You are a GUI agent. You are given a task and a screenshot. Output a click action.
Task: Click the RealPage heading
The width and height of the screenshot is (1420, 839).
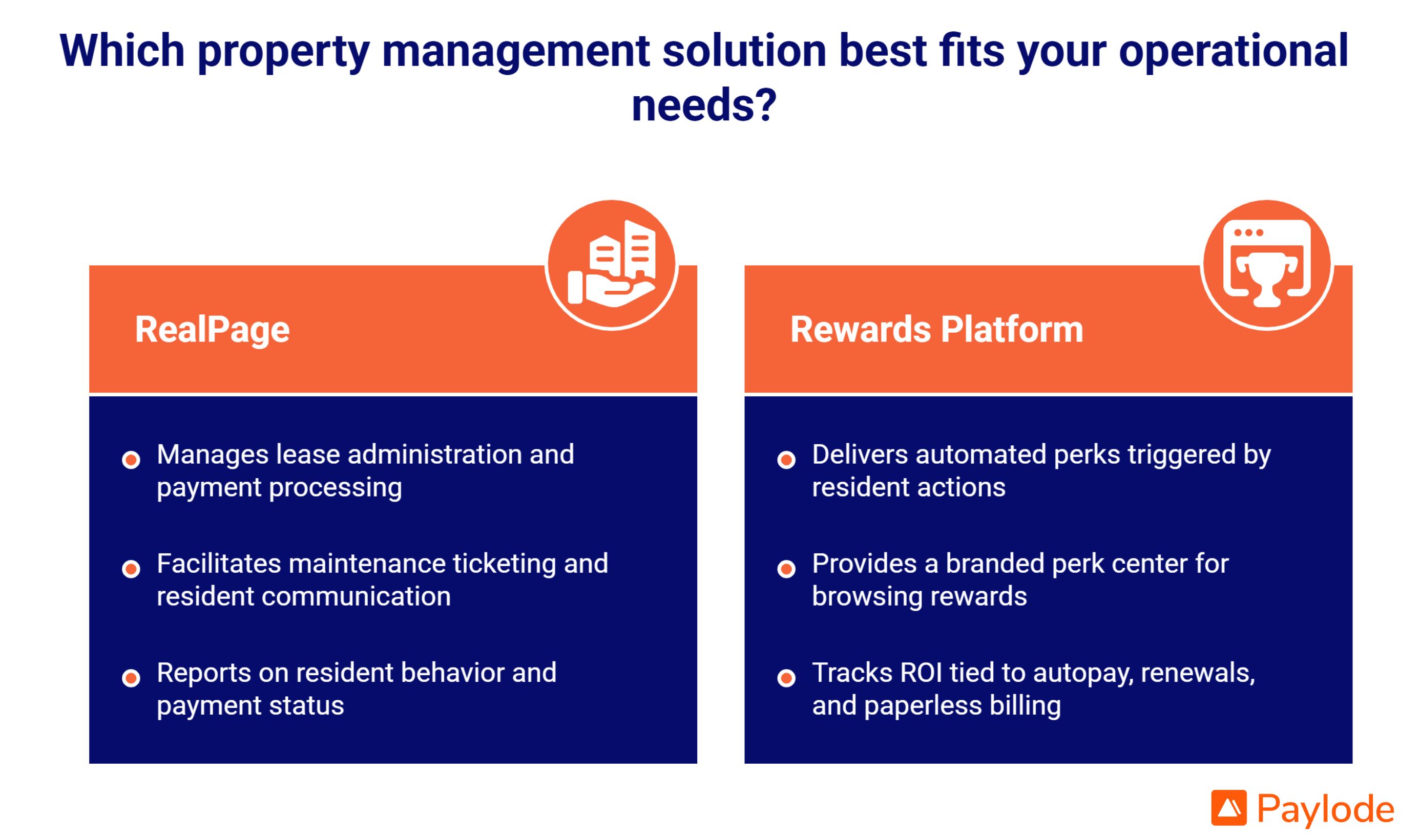coord(212,329)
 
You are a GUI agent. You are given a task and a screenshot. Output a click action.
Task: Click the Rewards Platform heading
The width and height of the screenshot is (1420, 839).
coord(936,329)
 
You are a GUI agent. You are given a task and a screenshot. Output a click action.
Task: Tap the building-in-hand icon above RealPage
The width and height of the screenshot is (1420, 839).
coord(612,264)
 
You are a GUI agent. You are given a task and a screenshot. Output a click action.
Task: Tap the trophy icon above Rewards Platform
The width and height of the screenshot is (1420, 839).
coord(1267,264)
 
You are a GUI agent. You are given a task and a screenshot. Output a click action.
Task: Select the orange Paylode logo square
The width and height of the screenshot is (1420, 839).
coord(1229,808)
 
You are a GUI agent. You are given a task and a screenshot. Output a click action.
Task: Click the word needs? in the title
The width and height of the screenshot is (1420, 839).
coord(704,104)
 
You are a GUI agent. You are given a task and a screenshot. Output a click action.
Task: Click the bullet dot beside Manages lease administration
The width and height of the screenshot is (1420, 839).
coord(131,460)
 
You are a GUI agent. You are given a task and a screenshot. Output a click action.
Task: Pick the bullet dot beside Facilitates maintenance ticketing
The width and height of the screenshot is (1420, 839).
coord(131,569)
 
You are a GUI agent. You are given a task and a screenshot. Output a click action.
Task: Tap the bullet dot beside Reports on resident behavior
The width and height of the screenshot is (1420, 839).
coord(131,678)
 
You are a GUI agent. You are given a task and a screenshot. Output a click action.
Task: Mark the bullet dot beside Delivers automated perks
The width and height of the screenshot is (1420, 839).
coord(786,460)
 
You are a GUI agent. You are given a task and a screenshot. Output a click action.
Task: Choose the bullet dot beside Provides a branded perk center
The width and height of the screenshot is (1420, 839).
coord(786,569)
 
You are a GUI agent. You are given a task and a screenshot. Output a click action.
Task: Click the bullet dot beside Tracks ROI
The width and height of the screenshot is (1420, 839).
coord(786,678)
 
